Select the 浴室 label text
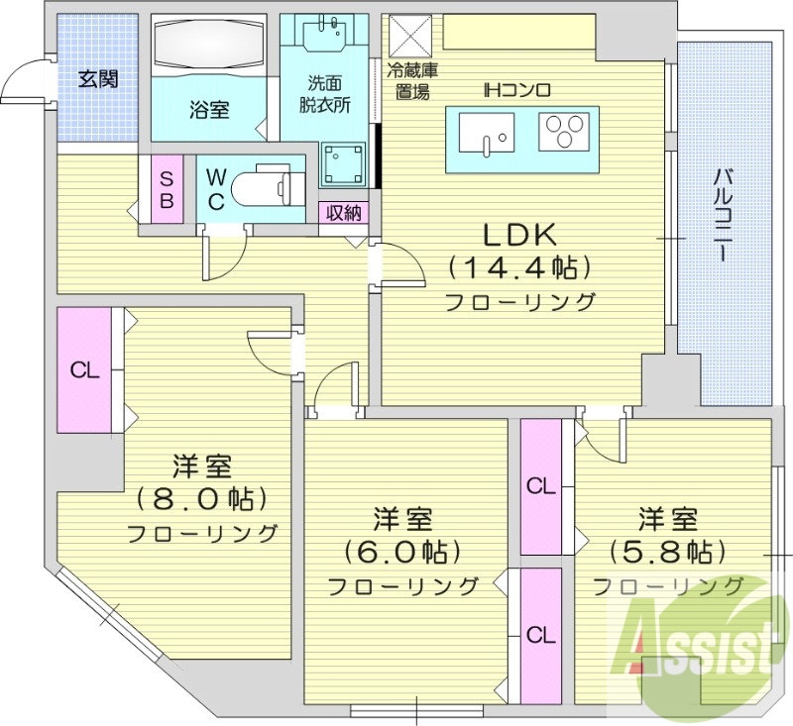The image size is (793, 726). pos(209,109)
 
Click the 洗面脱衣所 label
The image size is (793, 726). pos(325,96)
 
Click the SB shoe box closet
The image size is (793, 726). pos(167,189)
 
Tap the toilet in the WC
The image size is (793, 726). pos(273,185)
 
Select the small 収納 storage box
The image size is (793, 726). pos(343,212)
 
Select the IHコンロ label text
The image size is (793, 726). pos(517,90)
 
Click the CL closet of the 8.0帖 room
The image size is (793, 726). pos(85,370)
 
